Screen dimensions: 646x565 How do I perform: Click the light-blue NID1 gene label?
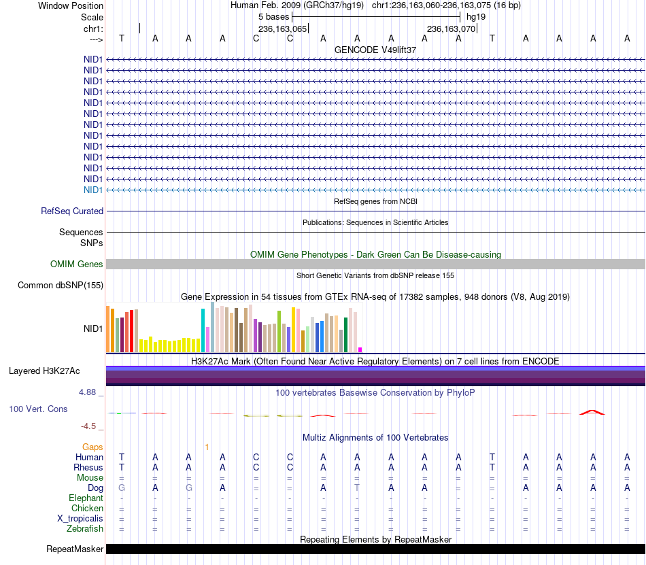coord(92,190)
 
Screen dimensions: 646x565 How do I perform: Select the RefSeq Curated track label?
coord(71,211)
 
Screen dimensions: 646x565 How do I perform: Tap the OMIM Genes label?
coord(76,264)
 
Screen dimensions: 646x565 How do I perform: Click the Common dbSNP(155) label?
coord(60,285)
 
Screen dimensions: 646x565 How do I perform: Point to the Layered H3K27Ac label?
coord(44,371)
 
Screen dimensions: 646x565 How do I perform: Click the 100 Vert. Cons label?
coord(38,409)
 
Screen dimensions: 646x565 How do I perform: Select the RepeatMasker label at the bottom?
coord(75,549)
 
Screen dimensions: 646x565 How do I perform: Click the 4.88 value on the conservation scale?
coord(87,392)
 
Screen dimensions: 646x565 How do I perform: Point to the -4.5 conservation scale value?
coord(88,426)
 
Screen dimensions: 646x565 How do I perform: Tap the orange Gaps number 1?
coord(207,447)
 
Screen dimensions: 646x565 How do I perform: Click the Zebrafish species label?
coord(85,528)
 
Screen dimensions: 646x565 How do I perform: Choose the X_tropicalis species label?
coord(80,519)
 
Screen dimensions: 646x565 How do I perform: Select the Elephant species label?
coord(86,498)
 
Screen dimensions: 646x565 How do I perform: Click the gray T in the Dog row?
coord(357,487)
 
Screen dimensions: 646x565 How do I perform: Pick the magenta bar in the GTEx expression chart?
coord(360,349)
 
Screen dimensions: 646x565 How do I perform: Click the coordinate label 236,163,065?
coord(283,29)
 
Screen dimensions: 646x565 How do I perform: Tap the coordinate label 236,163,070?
coord(451,29)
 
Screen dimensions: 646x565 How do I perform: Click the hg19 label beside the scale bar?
coord(476,17)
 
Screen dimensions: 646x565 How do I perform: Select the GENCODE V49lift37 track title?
coord(375,50)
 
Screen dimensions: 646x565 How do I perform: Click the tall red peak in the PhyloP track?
coord(592,412)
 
